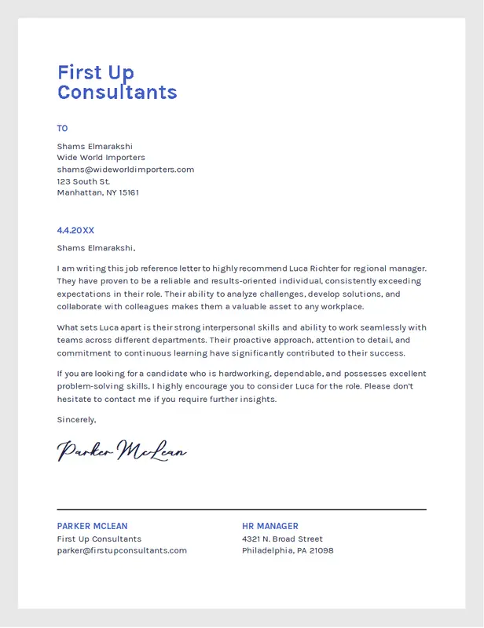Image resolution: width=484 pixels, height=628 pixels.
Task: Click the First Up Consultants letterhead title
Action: pyautogui.click(x=117, y=82)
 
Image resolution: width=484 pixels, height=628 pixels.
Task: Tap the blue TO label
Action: pyautogui.click(x=62, y=128)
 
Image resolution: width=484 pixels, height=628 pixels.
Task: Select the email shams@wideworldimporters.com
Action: pyautogui.click(x=125, y=169)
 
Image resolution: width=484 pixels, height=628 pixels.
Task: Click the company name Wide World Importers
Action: pyautogui.click(x=101, y=157)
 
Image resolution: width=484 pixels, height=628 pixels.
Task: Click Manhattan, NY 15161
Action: pyautogui.click(x=97, y=192)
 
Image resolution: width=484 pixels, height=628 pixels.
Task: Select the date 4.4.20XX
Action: pyautogui.click(x=75, y=230)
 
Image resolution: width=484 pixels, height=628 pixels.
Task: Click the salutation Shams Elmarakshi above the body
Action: pyautogui.click(x=95, y=248)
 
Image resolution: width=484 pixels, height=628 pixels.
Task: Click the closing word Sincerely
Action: pyautogui.click(x=76, y=420)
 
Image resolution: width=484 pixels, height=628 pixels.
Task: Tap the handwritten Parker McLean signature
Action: pyautogui.click(x=122, y=451)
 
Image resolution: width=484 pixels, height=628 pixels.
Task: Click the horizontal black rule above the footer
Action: pyautogui.click(x=241, y=509)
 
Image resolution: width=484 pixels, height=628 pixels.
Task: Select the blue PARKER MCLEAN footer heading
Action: pyautogui.click(x=92, y=526)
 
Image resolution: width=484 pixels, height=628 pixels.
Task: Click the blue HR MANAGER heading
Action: pyautogui.click(x=270, y=526)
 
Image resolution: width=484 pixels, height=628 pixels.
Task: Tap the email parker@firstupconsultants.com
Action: pyautogui.click(x=122, y=550)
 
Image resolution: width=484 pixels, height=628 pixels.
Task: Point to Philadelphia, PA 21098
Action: pyautogui.click(x=288, y=550)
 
